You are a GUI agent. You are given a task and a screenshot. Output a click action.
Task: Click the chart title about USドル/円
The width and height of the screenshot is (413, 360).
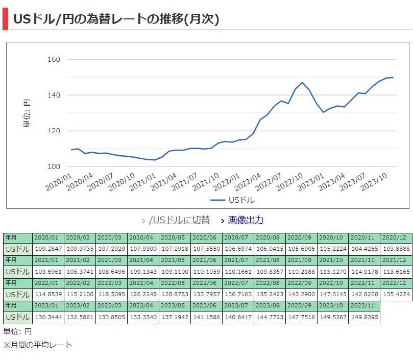point(116,19)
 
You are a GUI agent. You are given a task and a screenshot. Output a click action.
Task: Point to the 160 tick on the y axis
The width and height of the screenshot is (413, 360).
point(54,59)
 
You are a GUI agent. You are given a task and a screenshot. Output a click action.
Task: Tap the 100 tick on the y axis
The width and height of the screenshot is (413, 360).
point(54,166)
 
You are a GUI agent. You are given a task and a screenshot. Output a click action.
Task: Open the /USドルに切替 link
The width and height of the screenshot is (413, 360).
point(179,220)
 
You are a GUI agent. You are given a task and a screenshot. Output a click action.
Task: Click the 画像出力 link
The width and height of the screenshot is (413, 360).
point(246,220)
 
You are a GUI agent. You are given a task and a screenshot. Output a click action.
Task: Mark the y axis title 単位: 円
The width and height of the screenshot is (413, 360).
point(28,113)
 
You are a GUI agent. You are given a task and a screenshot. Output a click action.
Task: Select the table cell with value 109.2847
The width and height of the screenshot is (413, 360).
point(48,249)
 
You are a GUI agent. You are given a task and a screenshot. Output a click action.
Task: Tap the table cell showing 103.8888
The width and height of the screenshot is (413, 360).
point(396,249)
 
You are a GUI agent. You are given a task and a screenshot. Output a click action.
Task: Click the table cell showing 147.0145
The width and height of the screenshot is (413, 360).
point(333,294)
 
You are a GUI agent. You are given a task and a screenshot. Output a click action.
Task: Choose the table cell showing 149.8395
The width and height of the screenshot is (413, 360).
point(365,317)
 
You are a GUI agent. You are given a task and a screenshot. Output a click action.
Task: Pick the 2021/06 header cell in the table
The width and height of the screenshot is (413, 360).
point(206,260)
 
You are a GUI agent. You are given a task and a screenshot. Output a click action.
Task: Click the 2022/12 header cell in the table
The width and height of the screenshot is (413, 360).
point(396,282)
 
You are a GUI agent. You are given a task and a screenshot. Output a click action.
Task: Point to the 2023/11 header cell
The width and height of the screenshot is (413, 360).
point(365,305)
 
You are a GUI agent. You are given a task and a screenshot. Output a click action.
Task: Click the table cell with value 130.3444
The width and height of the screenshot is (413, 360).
point(48,317)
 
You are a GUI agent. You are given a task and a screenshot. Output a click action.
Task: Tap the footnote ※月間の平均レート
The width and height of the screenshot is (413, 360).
point(38,345)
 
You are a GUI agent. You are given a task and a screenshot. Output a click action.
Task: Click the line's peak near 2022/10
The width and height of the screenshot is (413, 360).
point(302,82)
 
